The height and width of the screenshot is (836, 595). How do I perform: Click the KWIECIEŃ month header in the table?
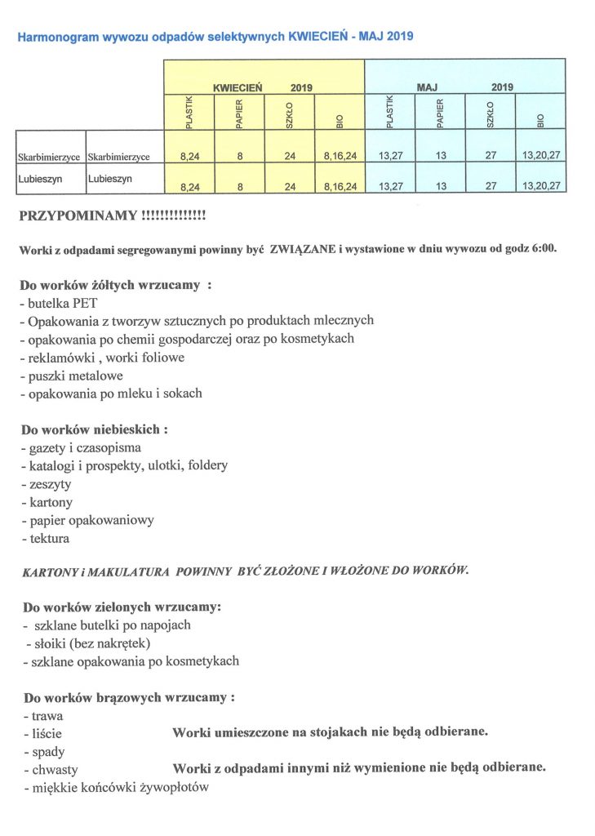tap(236, 87)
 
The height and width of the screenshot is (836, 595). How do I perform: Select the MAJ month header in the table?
tap(428, 87)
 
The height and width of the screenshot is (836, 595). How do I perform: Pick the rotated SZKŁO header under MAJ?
tap(490, 113)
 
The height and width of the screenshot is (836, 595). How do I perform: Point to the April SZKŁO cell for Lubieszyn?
tap(290, 185)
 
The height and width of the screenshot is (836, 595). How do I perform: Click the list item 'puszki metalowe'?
tap(74, 376)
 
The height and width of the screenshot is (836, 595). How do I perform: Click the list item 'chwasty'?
tap(54, 769)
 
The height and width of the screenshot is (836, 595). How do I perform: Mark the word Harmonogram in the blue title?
tap(60, 36)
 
